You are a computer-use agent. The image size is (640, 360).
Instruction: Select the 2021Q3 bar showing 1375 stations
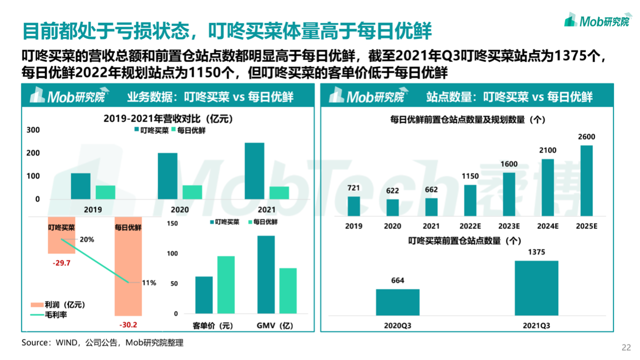pos(536,288)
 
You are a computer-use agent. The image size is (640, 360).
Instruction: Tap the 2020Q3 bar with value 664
pos(397,302)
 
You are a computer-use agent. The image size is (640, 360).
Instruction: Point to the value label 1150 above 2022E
pos(470,176)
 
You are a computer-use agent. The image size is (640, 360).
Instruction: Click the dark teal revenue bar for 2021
pos(254,170)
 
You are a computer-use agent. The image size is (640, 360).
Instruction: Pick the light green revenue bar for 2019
pos(105,192)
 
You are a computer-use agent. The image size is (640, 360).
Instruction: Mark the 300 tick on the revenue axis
pos(33,130)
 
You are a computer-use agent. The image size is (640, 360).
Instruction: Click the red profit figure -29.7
pos(61,262)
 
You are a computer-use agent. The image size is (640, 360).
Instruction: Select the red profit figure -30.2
pos(128,324)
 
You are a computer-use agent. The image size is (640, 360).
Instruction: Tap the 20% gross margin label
pos(86,239)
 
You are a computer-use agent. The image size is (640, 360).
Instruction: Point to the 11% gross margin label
pos(148,282)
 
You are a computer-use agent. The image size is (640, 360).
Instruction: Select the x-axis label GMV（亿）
pos(275,326)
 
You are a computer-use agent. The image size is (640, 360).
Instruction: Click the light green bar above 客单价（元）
pos(226,285)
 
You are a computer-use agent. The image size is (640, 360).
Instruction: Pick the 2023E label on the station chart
pos(509,226)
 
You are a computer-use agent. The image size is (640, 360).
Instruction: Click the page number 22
pos(626,347)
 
